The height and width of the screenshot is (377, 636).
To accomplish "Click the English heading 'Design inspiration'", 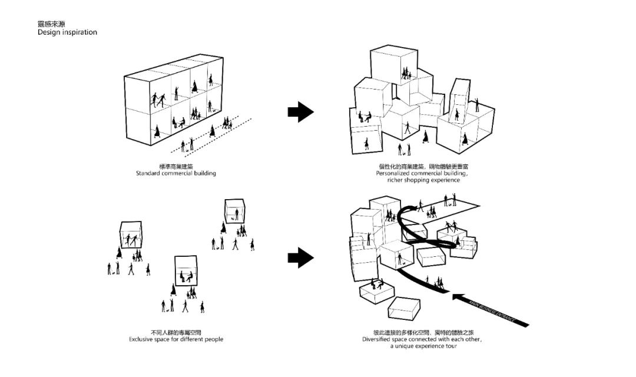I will click(67, 32).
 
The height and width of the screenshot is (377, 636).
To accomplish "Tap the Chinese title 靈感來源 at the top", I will click(51, 24).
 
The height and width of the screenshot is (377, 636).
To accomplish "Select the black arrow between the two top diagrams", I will click(301, 112).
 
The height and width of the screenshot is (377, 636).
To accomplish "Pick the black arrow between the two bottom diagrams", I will click(301, 257).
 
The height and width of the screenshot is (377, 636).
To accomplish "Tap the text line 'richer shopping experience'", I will click(423, 180).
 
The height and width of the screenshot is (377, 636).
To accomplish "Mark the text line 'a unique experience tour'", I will click(423, 346).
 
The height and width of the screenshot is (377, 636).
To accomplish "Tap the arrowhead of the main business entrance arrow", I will click(458, 296).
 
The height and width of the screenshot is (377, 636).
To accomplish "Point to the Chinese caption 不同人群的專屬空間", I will click(176, 332).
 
